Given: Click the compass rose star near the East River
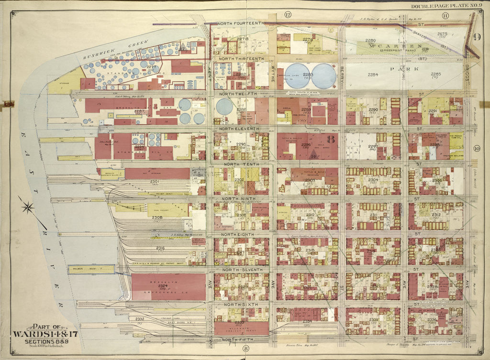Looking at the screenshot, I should pos(28,207).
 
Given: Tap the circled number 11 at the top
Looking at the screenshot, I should pos(445,16).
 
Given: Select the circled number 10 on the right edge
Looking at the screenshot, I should pos(477,148).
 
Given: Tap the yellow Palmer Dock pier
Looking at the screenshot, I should pos(90,269).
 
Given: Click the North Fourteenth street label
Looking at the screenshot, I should pos(240,23).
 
